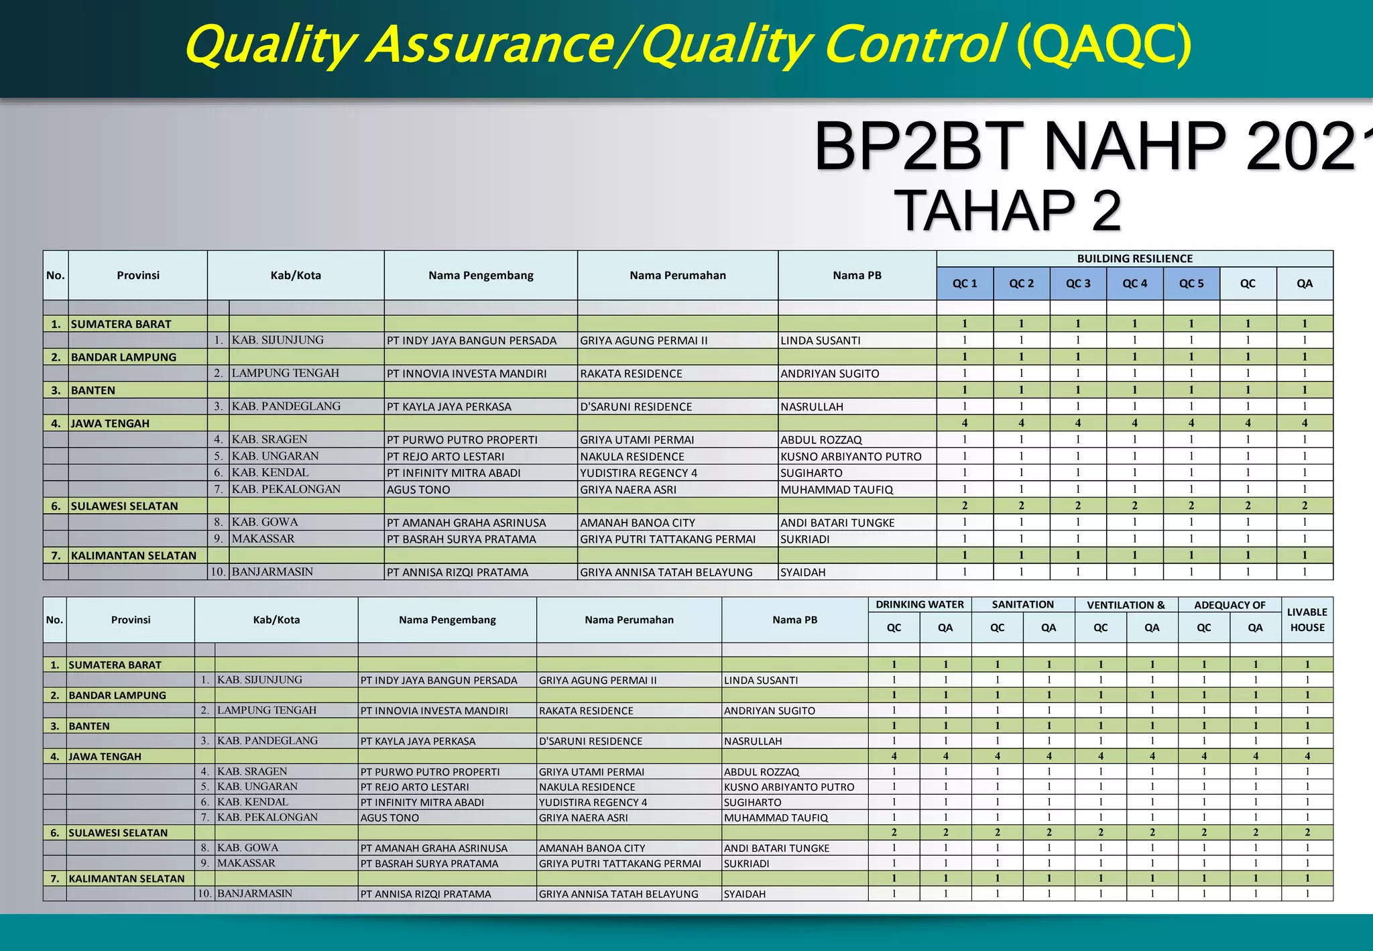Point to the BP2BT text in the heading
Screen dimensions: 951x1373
(x=919, y=147)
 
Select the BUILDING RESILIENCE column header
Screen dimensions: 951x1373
(x=1134, y=259)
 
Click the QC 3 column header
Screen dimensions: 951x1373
(x=1078, y=284)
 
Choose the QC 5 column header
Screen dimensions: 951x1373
(x=1191, y=284)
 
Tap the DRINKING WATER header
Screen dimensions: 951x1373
(x=919, y=605)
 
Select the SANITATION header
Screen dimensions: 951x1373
(x=1022, y=605)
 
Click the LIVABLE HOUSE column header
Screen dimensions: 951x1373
(x=1307, y=620)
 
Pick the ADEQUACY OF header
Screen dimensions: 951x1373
(x=1230, y=605)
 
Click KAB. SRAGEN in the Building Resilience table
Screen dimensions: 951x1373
(x=270, y=439)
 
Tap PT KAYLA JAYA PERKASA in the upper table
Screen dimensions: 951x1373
(x=449, y=406)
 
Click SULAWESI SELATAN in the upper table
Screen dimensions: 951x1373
(x=125, y=506)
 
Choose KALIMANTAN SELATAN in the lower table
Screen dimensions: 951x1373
(x=126, y=879)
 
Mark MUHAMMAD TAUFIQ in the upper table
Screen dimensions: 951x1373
(x=837, y=490)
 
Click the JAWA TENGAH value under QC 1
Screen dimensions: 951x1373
(x=965, y=423)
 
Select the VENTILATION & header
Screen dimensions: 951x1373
(x=1126, y=605)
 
